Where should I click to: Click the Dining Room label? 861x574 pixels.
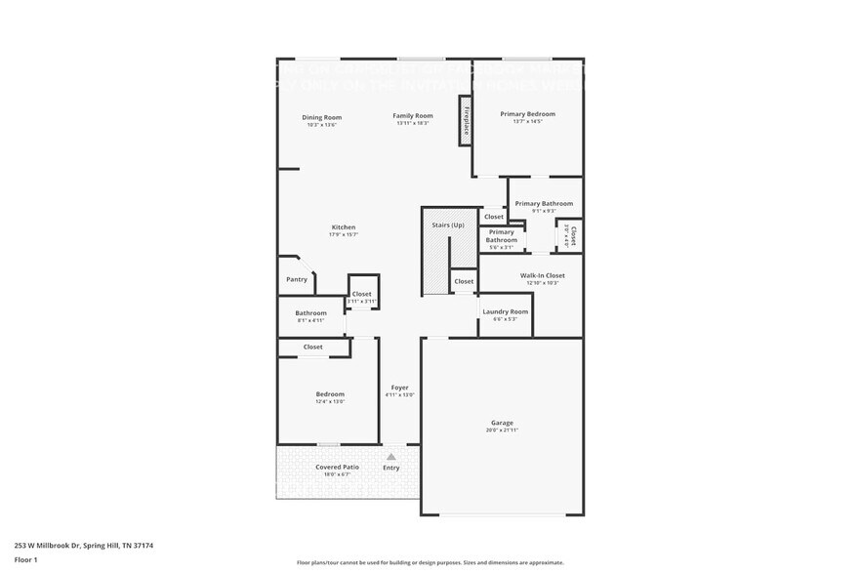click(321, 117)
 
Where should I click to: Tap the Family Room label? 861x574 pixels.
click(413, 116)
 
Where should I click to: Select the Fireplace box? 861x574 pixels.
click(467, 119)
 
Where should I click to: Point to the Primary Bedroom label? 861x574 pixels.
click(527, 114)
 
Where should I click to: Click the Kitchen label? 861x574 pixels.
click(343, 227)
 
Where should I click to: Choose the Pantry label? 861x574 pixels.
click(297, 280)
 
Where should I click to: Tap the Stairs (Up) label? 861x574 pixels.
click(448, 225)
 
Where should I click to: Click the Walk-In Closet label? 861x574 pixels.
click(542, 275)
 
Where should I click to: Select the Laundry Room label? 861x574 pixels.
click(505, 311)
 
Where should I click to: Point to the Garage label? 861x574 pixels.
click(502, 423)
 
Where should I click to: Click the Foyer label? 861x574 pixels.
click(400, 388)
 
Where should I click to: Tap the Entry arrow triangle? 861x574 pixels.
click(391, 456)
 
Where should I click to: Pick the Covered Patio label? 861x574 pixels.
click(337, 468)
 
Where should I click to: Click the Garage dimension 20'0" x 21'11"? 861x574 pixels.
click(502, 430)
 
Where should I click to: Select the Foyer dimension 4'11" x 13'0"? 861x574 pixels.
click(400, 395)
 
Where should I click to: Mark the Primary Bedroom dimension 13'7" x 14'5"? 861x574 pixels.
click(527, 122)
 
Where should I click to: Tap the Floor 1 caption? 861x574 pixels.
click(25, 559)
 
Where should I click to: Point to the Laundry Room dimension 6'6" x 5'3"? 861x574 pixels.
click(505, 319)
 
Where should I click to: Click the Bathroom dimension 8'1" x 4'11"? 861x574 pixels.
click(310, 320)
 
